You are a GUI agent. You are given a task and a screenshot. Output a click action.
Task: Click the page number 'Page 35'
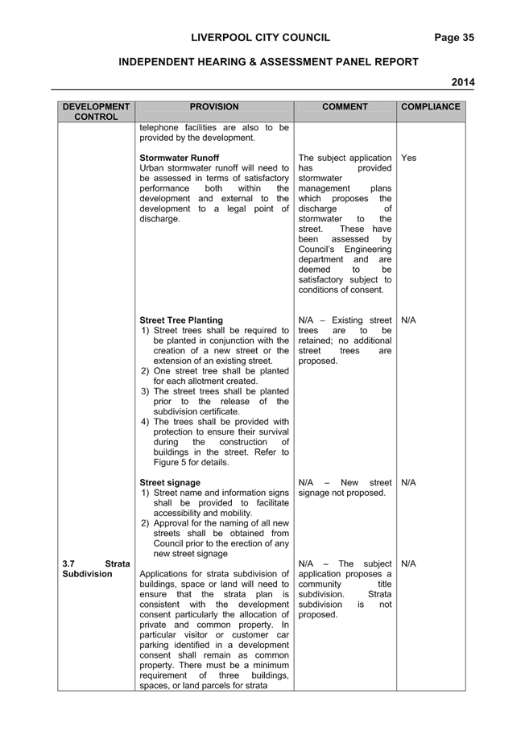[x=454, y=38]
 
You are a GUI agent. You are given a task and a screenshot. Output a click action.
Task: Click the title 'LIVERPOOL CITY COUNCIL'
[x=261, y=38]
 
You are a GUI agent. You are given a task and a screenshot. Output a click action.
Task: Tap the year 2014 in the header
[x=463, y=82]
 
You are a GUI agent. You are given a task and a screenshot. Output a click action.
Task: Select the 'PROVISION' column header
[x=214, y=107]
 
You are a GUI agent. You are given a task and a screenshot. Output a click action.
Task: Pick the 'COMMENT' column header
[x=345, y=107]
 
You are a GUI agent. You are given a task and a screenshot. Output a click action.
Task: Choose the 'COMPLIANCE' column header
[x=431, y=107]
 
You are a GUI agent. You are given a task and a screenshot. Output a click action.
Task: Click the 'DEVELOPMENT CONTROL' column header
[x=96, y=112]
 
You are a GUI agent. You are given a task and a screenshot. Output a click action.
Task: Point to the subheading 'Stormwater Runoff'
[x=179, y=158]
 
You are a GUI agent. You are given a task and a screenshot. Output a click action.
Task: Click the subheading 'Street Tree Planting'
[x=181, y=320]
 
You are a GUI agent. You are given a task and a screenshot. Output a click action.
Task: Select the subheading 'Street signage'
[x=170, y=483]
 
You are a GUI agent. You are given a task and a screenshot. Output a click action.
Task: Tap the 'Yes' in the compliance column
[x=408, y=158]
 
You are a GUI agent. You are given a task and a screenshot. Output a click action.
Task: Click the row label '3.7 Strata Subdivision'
[x=96, y=568]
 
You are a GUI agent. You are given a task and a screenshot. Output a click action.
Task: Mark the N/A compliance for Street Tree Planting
[x=408, y=320]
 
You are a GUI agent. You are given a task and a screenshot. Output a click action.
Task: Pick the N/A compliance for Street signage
[x=408, y=483]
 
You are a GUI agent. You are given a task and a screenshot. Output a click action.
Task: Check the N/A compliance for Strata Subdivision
[x=408, y=563]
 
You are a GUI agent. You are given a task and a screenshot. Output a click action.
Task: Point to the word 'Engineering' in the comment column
[x=368, y=250]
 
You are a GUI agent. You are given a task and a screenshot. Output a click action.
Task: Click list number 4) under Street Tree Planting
[x=145, y=422]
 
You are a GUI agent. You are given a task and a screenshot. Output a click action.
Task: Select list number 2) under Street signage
[x=145, y=523]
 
